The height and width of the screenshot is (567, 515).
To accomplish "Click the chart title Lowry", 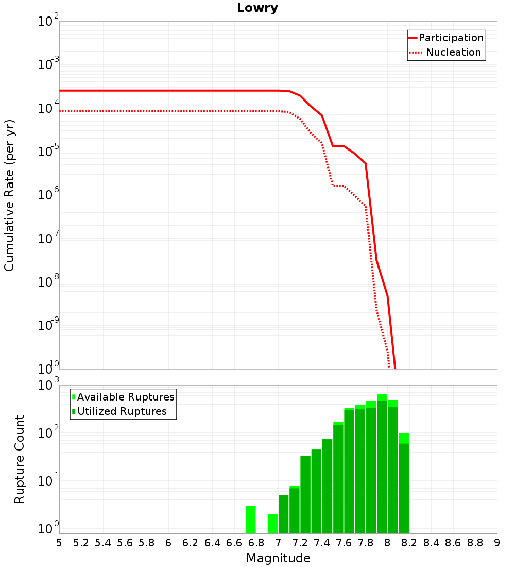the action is tap(257, 8).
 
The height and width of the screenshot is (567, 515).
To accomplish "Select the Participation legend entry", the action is tap(447, 38).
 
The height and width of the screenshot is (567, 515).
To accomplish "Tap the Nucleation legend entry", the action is tap(445, 52).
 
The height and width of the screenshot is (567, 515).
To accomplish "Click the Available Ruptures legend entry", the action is tap(123, 397).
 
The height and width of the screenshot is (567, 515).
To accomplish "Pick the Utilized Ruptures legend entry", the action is tap(119, 411).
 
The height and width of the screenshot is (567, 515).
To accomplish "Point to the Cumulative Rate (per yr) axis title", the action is tap(9, 195).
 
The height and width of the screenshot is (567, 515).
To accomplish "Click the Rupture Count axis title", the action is tap(19, 459).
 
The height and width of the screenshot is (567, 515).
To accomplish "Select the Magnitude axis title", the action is tap(278, 558).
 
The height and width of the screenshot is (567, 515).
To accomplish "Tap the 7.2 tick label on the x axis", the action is tap(300, 543).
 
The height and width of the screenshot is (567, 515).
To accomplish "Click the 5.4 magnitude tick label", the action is tap(103, 543).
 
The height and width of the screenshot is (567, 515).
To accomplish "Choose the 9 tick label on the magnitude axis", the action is tap(497, 543).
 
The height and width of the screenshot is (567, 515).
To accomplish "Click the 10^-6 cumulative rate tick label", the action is tap(48, 193).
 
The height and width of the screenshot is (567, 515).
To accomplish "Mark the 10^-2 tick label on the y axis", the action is tap(48, 20).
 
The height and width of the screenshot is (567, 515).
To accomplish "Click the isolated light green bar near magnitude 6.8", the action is tap(251, 520).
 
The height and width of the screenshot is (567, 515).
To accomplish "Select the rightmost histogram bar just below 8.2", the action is tap(404, 483).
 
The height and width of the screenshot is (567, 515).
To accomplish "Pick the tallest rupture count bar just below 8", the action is tap(382, 464).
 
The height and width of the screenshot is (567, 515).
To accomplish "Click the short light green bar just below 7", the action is tap(272, 524).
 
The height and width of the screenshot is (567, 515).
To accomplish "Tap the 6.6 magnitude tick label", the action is tap(234, 543).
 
